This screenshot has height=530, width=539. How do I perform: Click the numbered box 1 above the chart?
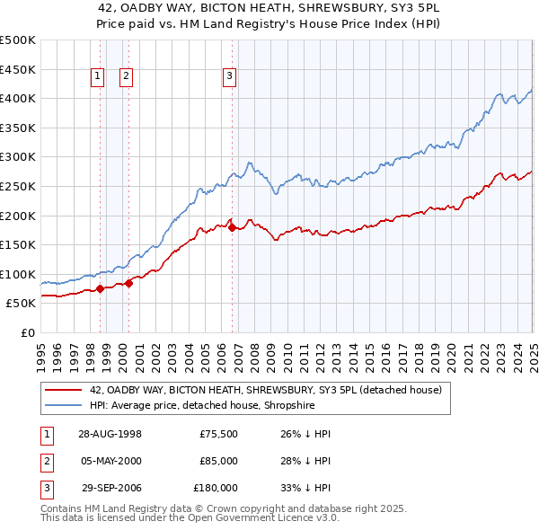(96, 77)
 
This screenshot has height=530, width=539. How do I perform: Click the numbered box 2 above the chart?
(126, 77)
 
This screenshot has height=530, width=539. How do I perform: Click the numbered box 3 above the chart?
(229, 77)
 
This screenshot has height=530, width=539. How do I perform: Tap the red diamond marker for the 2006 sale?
(232, 227)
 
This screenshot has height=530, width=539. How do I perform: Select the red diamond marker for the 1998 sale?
(100, 288)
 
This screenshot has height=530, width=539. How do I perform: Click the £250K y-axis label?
(18, 186)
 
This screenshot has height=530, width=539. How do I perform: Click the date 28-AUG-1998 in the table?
(110, 434)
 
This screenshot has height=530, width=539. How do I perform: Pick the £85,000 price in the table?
(218, 461)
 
